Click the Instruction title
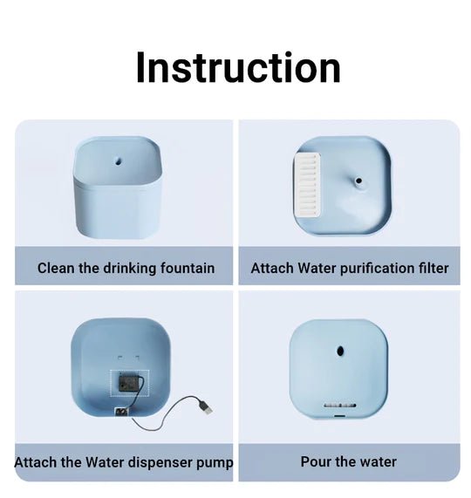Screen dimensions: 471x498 point(238,68)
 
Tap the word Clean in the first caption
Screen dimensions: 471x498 point(56,268)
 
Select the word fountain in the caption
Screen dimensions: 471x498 point(188,268)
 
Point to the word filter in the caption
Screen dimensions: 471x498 point(433,268)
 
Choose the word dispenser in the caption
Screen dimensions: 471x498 point(161,462)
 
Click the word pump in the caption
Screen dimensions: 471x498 point(215,463)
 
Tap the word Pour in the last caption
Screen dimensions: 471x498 point(316,461)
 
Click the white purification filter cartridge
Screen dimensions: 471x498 point(307,185)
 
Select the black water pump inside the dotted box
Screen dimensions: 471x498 point(128,383)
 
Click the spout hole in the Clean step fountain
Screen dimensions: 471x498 point(118,161)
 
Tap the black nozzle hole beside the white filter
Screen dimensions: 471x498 point(358,181)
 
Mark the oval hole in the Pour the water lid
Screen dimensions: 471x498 point(340,351)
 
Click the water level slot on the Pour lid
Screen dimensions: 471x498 point(340,406)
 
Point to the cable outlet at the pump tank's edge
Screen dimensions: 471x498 point(121,413)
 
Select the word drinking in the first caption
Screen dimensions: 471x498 point(130,269)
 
